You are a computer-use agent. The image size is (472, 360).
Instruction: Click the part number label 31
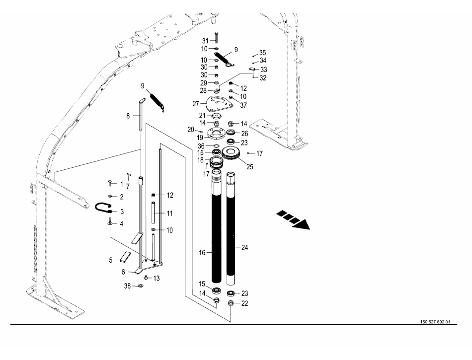205,40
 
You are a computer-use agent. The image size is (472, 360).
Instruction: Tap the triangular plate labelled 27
219,103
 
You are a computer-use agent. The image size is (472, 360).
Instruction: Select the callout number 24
244,247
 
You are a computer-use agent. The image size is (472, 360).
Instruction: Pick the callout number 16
202,253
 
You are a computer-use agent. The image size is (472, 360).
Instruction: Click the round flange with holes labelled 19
216,134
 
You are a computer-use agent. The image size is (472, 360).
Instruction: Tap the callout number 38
127,287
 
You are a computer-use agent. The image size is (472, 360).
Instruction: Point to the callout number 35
263,52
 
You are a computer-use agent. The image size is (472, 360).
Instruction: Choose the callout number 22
244,303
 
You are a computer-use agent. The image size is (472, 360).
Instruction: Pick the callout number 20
191,129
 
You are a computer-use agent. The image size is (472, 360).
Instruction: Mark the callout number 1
121,183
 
